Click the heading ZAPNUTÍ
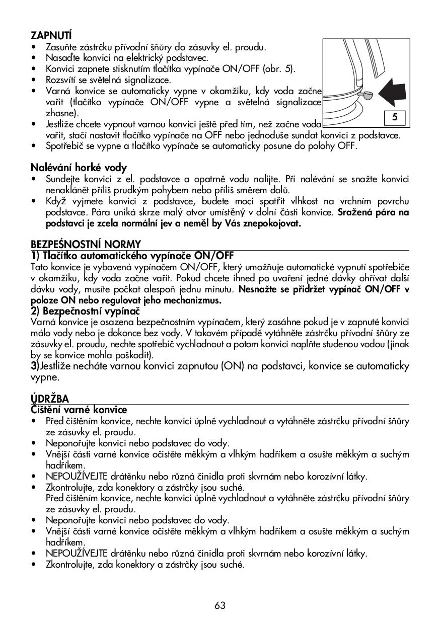[x=51, y=36]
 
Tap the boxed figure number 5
[x=395, y=117]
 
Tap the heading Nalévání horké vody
[x=79, y=168]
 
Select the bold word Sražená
[x=356, y=212]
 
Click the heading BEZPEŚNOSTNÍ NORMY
[x=86, y=245]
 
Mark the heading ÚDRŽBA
[x=49, y=400]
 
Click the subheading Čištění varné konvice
[x=79, y=410]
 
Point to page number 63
[x=220, y=605]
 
